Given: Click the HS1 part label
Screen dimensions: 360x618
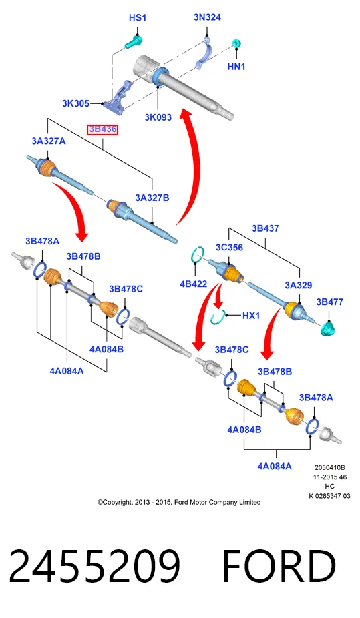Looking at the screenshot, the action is [137, 18].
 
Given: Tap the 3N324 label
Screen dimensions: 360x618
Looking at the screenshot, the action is [207, 17].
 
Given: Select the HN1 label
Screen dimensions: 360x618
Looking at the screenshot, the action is [236, 67].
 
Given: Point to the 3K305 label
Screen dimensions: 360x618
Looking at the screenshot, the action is [75, 103].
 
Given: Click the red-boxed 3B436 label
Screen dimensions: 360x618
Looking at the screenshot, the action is [102, 129].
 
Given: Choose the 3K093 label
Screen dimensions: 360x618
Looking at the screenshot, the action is [158, 117].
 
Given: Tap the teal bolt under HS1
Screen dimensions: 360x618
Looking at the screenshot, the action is [134, 42].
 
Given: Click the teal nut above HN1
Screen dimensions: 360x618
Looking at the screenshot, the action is [236, 43].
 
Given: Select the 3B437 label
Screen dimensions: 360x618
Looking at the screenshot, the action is [265, 228].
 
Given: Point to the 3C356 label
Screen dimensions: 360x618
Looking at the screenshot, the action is [229, 248].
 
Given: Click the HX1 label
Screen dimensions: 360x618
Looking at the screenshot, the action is [251, 315].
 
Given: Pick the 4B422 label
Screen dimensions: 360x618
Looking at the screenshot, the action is [193, 284].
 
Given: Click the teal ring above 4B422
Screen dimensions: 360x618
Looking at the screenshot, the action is [197, 255].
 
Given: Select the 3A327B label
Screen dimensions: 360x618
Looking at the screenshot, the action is [152, 198].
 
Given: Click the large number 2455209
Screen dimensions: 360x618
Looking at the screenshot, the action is [95, 565].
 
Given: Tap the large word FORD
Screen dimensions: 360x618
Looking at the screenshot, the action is [279, 565].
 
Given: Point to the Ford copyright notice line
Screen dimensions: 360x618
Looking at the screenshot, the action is [179, 502].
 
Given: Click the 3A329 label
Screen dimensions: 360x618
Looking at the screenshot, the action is [299, 285].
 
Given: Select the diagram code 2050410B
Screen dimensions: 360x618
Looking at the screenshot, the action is [330, 467].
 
